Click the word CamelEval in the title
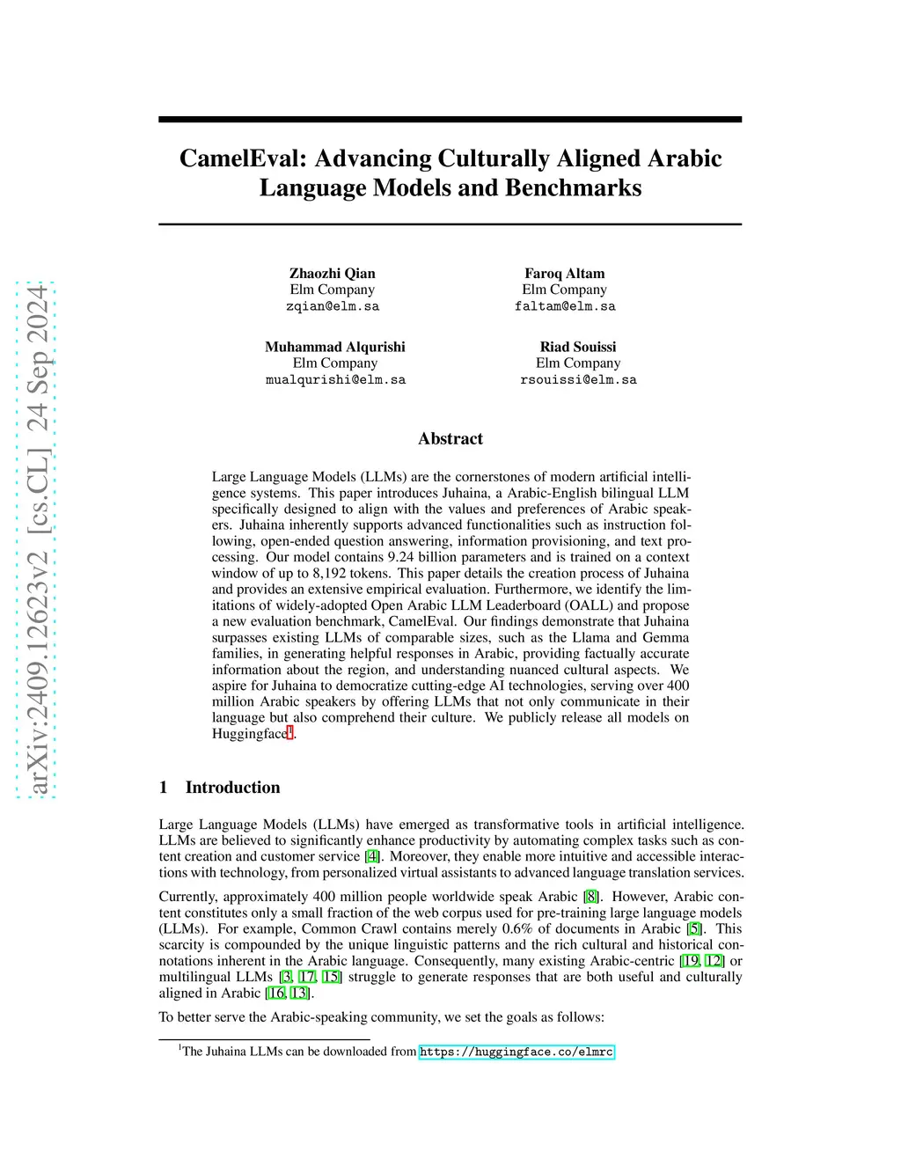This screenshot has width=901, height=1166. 243,158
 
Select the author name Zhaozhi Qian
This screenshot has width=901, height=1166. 333,274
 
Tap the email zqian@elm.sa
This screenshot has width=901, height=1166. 333,306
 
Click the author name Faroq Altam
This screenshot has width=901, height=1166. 565,274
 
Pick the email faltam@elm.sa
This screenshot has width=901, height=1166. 565,306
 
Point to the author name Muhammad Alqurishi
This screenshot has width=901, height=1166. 335,347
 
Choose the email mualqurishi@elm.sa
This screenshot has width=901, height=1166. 335,380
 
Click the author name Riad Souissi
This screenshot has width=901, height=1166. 578,347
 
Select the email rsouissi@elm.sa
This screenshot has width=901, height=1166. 578,380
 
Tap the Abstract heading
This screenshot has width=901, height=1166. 450,438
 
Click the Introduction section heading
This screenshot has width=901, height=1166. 232,788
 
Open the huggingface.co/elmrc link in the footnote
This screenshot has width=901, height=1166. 516,1052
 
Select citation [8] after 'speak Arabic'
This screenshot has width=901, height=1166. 591,897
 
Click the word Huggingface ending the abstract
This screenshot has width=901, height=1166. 249,734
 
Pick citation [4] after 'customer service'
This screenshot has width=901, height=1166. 373,856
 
